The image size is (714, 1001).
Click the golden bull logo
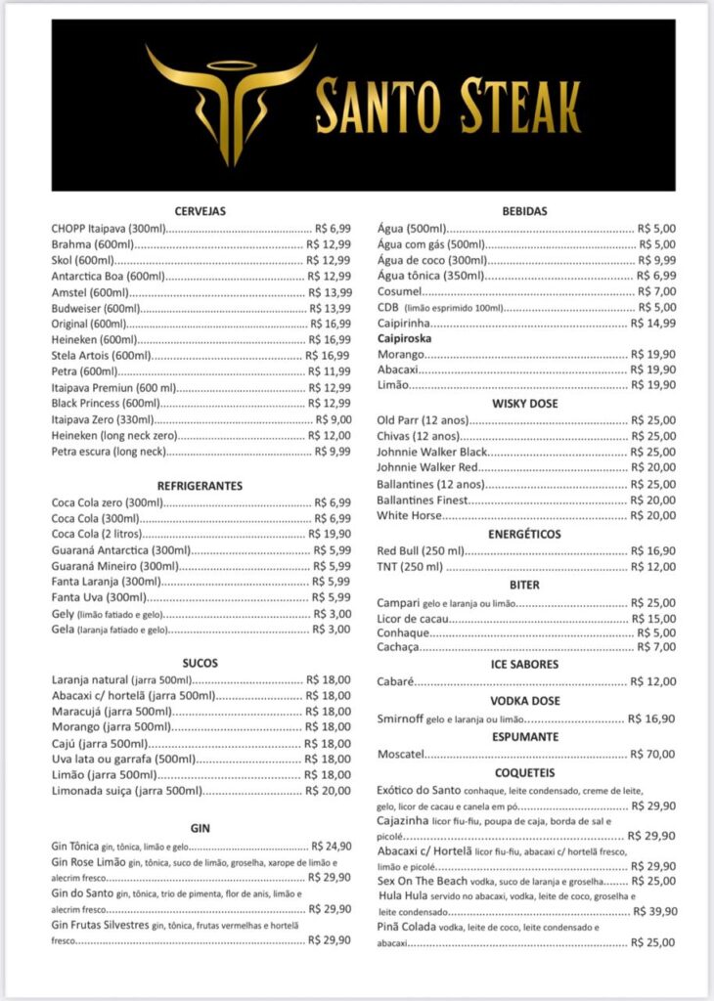point(232,103)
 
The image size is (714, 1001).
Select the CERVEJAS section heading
point(201,211)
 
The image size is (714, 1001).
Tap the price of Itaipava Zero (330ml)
point(327,419)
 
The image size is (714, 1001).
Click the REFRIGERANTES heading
point(201,486)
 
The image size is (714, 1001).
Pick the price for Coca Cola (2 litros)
point(329,534)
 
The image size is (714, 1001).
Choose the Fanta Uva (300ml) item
point(99,597)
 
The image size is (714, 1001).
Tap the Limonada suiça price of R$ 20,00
point(328,790)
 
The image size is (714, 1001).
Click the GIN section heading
point(201,828)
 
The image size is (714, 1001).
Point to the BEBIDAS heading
point(524,211)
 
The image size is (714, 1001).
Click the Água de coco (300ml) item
point(431,260)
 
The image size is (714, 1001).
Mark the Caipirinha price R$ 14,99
point(652,324)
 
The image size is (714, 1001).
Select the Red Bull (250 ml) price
point(652,551)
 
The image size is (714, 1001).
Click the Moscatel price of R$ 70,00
point(652,755)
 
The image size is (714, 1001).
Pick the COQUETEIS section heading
point(524,772)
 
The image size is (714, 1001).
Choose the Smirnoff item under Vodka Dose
point(400,718)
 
